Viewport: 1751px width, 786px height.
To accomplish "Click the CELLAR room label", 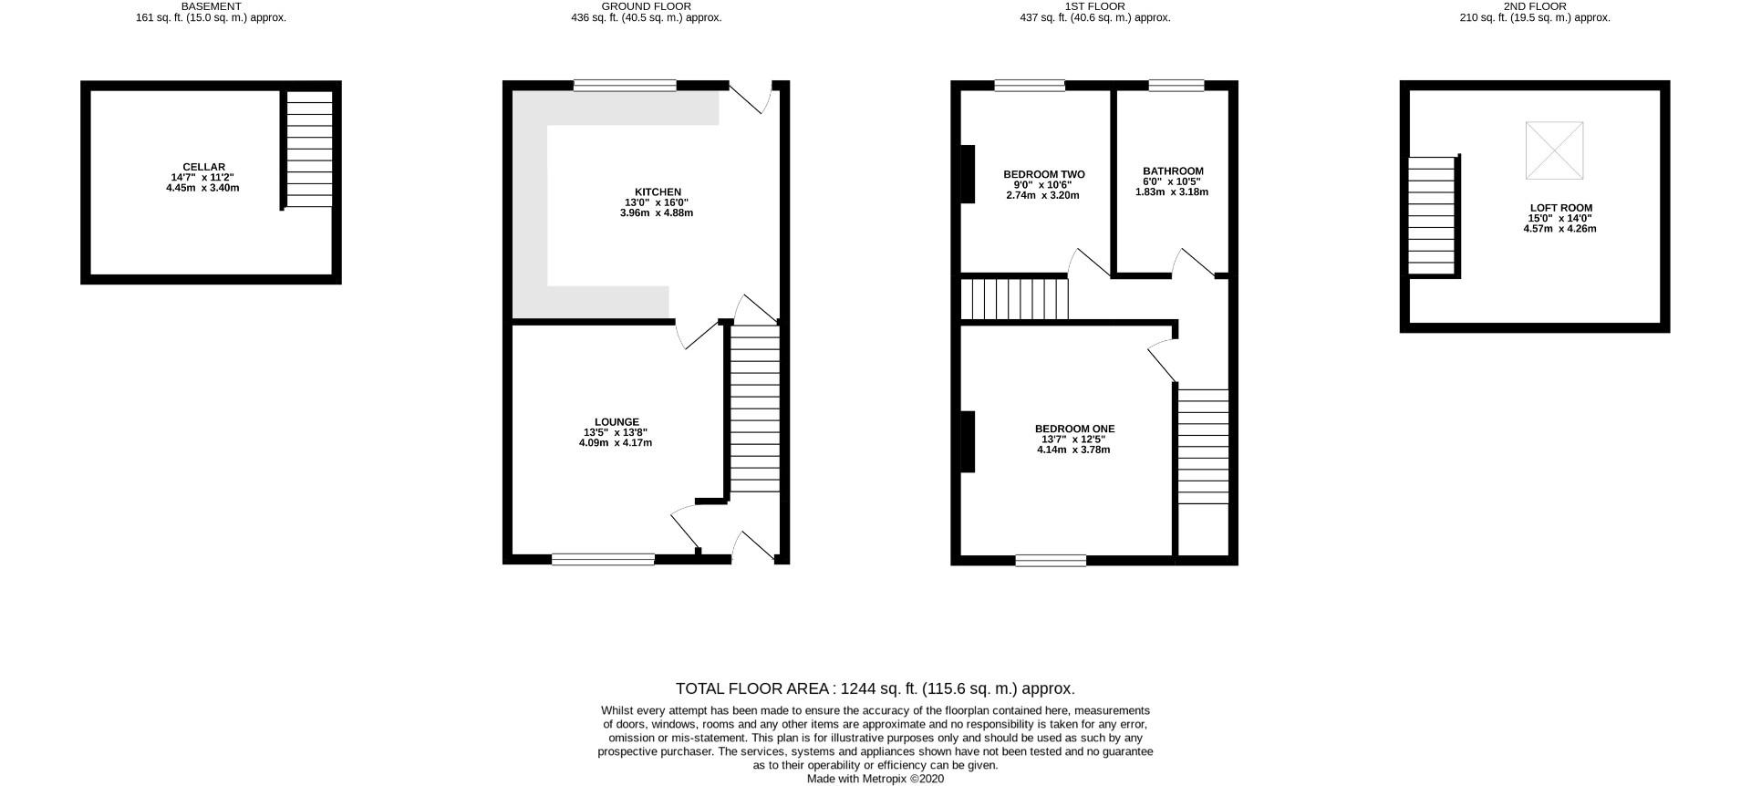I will point(203,168).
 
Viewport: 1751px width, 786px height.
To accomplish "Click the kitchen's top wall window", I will point(625,85).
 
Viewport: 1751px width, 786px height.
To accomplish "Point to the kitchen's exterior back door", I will point(750,98).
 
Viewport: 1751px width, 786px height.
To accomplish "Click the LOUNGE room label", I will point(616,422).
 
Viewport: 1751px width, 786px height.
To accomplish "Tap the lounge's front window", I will point(603,559).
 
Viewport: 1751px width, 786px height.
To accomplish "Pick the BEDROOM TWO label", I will point(1043,174).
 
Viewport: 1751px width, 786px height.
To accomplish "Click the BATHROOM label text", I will point(1173,171).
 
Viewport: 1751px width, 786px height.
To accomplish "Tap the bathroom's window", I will point(1176,86).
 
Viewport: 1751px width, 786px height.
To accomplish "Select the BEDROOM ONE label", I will point(1074,429).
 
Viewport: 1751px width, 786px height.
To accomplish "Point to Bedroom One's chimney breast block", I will point(968,441).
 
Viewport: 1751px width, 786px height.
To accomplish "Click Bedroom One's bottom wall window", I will point(1051,560).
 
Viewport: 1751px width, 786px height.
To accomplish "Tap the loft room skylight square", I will point(1554,150).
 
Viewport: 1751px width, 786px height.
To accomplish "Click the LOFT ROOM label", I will point(1560,208).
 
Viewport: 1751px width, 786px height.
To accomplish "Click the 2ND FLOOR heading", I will point(1535,6).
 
